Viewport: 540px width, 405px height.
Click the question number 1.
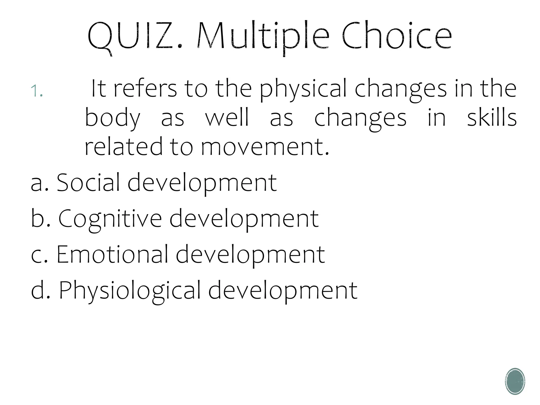(x=36, y=91)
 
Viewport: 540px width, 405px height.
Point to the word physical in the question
(x=303, y=89)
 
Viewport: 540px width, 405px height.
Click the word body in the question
(x=113, y=118)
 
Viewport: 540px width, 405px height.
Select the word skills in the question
(x=492, y=118)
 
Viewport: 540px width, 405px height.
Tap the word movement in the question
(x=265, y=147)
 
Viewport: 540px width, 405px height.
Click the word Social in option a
(x=89, y=183)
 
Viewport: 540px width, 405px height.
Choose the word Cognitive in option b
(x=110, y=219)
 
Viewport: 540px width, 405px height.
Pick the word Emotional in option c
(x=112, y=254)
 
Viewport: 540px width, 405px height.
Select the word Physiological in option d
(x=130, y=291)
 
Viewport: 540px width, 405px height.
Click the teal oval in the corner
(x=515, y=381)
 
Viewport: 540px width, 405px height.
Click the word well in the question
(x=227, y=118)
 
